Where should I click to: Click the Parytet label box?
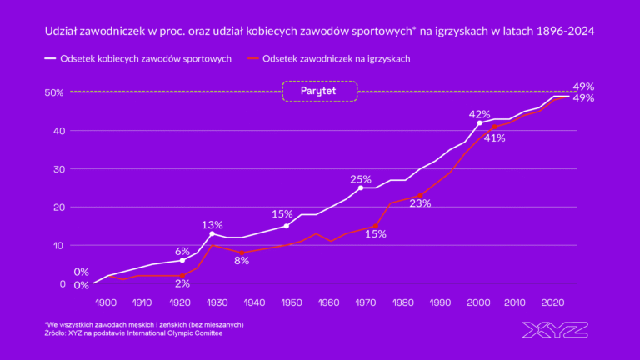point(320,91)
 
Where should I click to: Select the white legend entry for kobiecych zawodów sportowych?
point(137,59)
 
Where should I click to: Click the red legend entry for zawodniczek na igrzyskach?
point(329,59)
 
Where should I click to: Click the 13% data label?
point(212,225)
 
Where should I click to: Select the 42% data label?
point(480,114)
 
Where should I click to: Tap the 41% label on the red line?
point(495,138)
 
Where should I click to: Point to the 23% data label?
point(420,203)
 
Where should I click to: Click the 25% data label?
point(361,179)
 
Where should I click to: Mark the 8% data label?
point(242,261)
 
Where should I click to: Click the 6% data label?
point(182,252)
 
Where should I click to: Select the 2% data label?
point(182,283)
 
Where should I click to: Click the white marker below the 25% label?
point(361,188)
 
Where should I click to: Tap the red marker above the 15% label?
point(375,226)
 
